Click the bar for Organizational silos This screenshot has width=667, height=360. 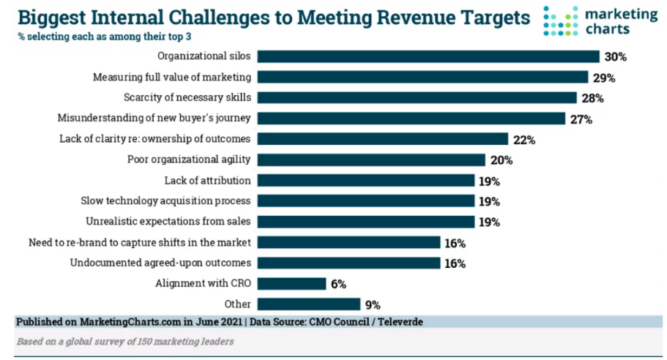coord(428,56)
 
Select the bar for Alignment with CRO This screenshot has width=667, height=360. coord(291,284)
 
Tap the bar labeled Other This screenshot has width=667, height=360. coord(308,304)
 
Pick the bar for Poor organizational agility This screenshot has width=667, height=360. coord(370,160)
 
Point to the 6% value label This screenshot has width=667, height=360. coord(338,284)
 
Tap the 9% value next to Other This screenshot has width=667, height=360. coord(372,304)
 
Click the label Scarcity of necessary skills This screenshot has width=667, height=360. coord(188,97)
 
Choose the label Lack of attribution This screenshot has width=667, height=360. coord(208,180)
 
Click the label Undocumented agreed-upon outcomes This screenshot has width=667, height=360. coord(161,263)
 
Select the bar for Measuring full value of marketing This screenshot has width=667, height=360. coord(422,77)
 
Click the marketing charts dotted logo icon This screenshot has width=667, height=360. coord(561,21)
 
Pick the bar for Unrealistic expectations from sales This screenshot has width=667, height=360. coord(365,222)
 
